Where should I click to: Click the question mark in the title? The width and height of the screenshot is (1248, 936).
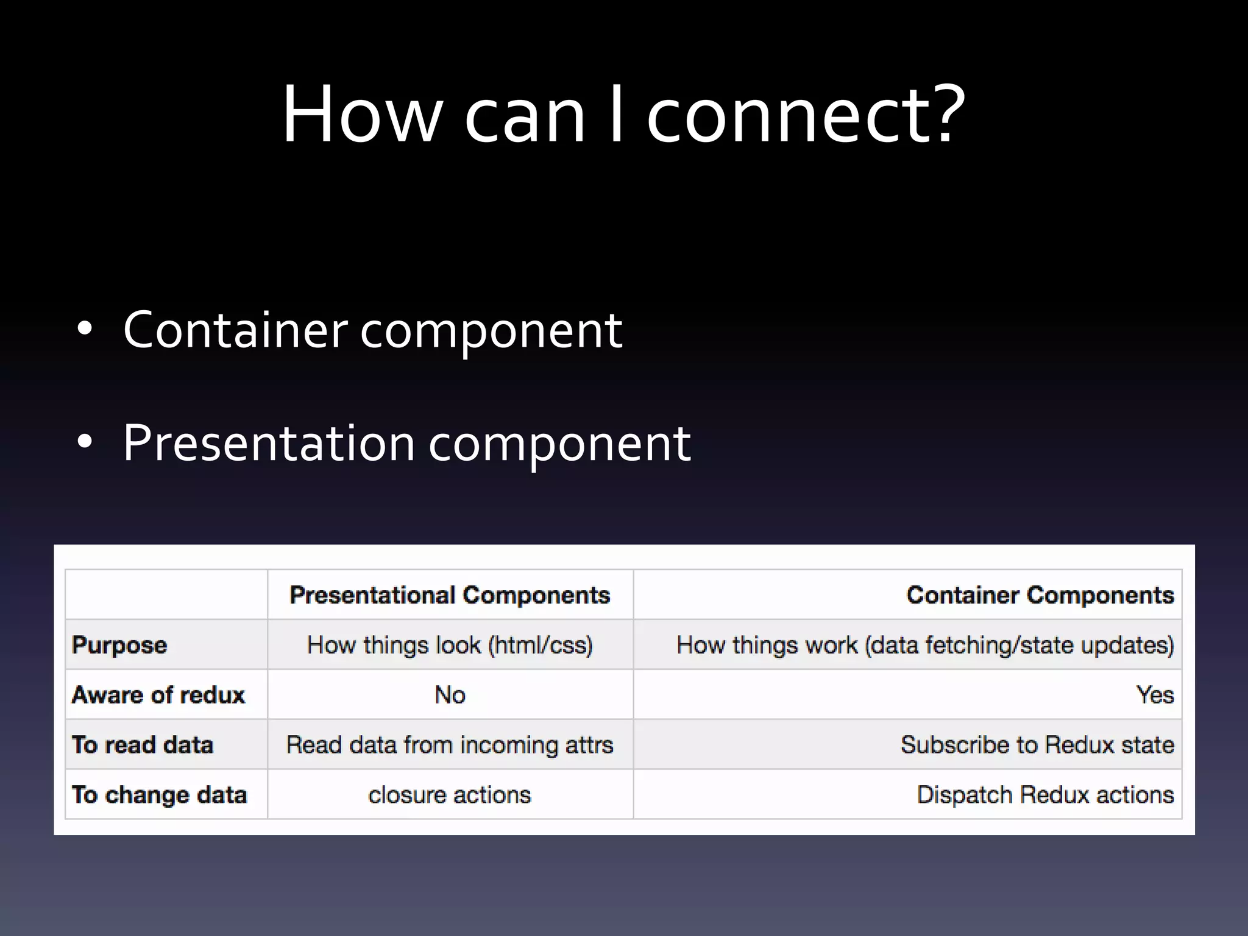[x=944, y=114]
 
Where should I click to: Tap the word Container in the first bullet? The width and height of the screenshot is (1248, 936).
[x=235, y=330]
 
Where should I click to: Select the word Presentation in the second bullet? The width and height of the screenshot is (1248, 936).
[x=269, y=442]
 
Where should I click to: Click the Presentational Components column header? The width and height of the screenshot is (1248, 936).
[x=450, y=595]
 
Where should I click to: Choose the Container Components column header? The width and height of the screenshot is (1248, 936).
[x=1040, y=595]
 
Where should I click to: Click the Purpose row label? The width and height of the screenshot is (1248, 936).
[x=119, y=645]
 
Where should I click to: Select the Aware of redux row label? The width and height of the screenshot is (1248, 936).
[x=158, y=695]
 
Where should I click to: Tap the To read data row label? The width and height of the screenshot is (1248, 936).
[x=143, y=745]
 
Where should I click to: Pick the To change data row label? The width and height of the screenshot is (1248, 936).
[x=160, y=795]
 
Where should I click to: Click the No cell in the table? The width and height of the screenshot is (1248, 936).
[x=450, y=695]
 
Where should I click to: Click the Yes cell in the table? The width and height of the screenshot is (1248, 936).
[x=1155, y=695]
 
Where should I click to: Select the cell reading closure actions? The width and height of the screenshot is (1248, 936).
[x=450, y=795]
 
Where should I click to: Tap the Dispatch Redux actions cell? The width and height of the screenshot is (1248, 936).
[x=1045, y=795]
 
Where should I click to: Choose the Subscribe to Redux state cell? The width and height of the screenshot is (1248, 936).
[x=1037, y=745]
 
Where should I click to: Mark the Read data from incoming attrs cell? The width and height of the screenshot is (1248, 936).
[x=450, y=745]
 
